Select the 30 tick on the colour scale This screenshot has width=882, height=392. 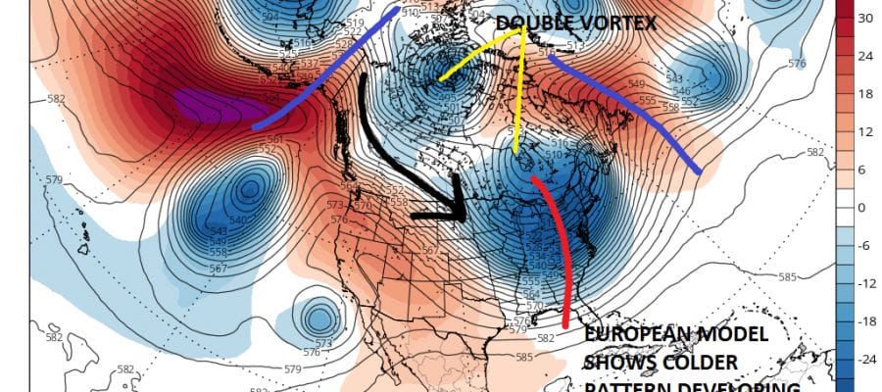tap(865, 19)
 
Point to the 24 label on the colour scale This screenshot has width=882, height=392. tap(865, 56)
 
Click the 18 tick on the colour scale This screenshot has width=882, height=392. tap(865, 94)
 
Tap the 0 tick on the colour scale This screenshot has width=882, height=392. tap(862, 208)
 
